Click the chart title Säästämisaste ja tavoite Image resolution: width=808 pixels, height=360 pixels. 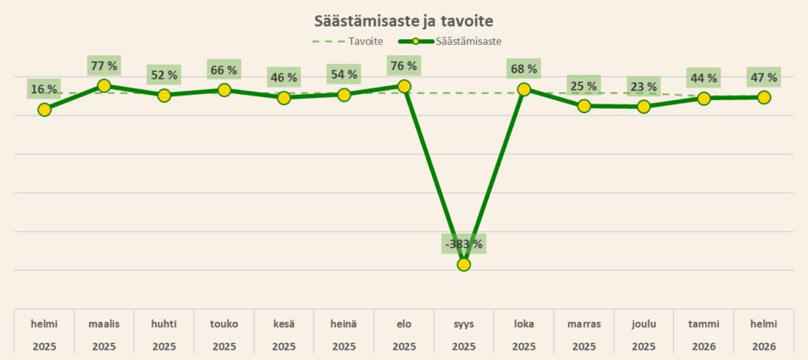(403, 19)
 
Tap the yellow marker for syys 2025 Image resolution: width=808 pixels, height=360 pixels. (464, 264)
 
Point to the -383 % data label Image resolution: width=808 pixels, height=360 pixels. (464, 243)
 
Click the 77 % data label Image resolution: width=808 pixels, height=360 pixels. (104, 66)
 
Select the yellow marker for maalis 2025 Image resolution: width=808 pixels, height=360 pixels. (104, 85)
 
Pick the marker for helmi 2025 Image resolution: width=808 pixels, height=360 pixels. (44, 110)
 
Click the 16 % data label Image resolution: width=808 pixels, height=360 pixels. (44, 89)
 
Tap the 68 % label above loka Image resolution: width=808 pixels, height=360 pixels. (524, 69)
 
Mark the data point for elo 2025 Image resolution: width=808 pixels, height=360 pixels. (404, 86)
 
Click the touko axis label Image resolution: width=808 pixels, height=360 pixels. (224, 324)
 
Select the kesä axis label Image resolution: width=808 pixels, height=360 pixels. (284, 324)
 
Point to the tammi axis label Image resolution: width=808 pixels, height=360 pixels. (704, 324)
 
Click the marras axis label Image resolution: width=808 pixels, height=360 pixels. (584, 324)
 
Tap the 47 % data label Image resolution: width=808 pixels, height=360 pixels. (764, 77)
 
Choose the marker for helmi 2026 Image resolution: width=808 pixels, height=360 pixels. (764, 97)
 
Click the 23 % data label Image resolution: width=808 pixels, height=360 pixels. (644, 86)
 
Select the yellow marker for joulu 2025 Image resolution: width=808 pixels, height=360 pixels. (644, 107)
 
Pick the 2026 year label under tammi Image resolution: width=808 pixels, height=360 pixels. (704, 347)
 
